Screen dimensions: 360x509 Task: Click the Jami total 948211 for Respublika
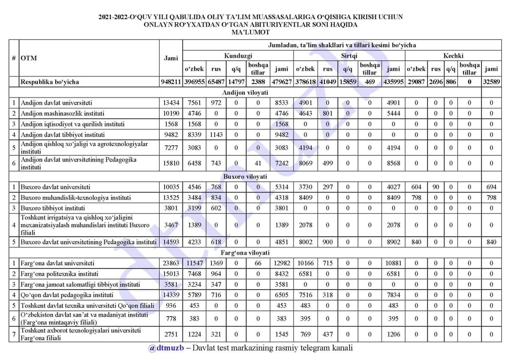point(171,82)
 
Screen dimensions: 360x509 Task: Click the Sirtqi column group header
point(349,56)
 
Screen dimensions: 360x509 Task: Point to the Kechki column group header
point(453,56)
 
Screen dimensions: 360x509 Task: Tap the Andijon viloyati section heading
point(245,92)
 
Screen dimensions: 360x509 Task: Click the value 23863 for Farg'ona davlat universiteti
point(171,263)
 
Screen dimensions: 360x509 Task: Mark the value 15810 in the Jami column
point(171,163)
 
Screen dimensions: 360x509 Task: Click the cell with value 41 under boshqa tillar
point(258,163)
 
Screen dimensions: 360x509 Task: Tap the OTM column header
point(29,59)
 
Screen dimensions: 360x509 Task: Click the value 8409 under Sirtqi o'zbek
point(305,197)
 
